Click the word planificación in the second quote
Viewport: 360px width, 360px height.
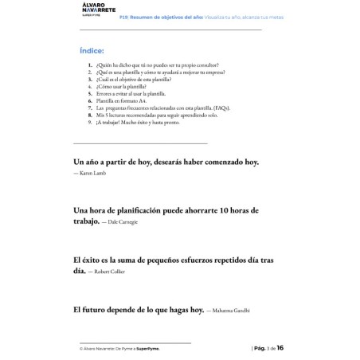[141, 210]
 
